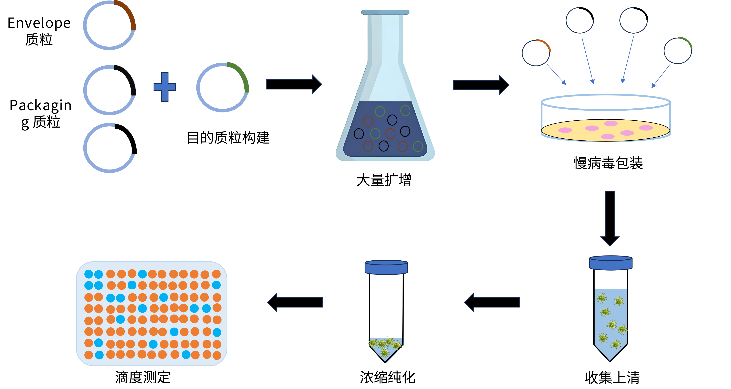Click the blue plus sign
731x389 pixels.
[165, 87]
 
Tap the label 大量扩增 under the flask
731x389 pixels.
[384, 180]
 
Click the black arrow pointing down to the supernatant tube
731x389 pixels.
[610, 218]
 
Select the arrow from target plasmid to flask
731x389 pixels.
[294, 84]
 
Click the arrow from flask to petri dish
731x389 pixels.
[481, 85]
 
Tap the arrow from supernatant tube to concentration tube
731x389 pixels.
[492, 302]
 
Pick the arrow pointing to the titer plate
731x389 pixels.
[295, 302]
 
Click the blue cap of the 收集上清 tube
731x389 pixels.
[611, 263]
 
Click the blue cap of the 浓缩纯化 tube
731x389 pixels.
[386, 267]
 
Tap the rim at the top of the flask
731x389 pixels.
[385, 12]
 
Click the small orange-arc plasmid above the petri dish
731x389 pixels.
[536, 53]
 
